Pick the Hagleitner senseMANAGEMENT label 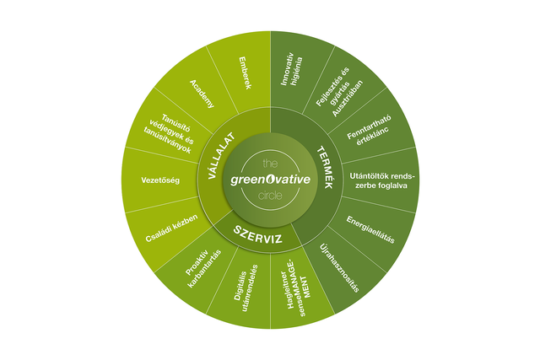293,288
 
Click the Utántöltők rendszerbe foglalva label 382,180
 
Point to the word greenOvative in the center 270,179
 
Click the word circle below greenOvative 271,195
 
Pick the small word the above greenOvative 270,162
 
